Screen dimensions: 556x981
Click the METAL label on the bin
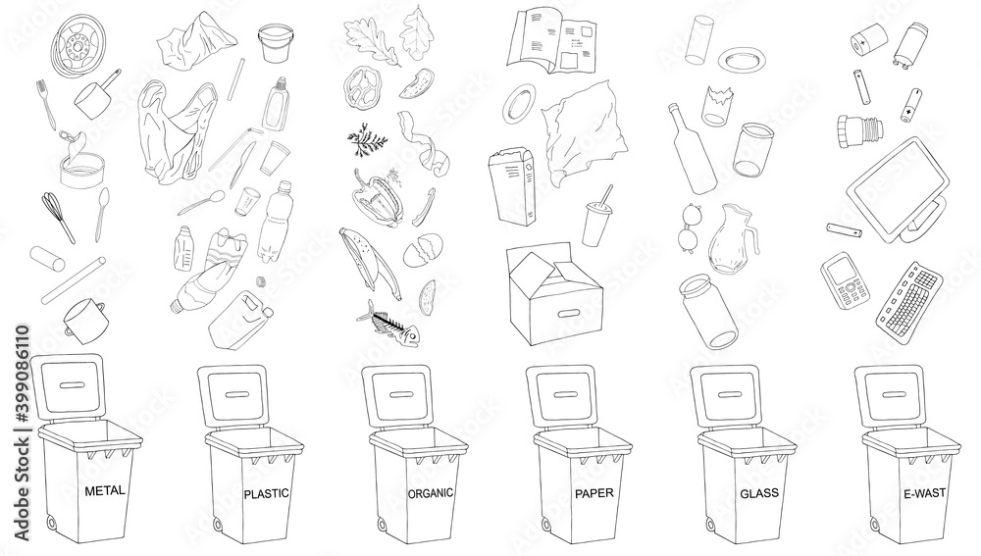point(105,489)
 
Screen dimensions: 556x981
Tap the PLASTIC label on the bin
point(265,493)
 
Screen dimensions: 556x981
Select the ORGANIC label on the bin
point(430,492)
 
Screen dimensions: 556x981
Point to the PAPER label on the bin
point(594,492)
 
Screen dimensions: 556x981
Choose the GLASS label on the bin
point(758,492)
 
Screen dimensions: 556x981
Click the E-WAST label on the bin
point(923,492)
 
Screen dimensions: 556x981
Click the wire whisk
point(60,218)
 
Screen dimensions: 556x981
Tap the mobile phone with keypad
point(847,281)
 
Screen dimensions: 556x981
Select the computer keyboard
point(911,294)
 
